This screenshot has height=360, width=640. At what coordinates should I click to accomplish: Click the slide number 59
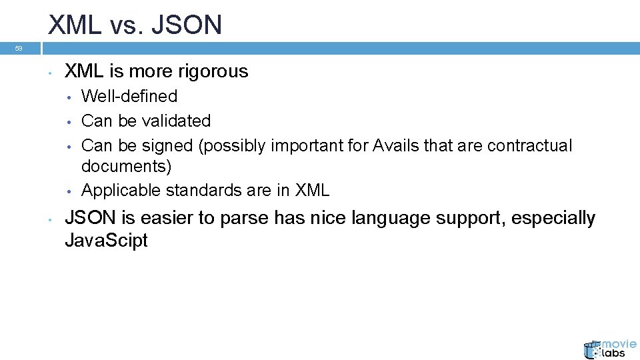point(19,49)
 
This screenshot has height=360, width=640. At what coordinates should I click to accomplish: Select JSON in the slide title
point(188,25)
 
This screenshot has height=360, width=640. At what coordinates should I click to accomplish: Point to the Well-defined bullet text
point(129,96)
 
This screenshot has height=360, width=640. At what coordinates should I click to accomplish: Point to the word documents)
point(126,166)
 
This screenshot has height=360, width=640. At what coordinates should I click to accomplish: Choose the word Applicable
point(121,190)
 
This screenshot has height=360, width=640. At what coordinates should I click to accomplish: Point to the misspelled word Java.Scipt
point(106,241)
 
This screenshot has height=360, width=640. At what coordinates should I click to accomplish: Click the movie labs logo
point(609,348)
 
